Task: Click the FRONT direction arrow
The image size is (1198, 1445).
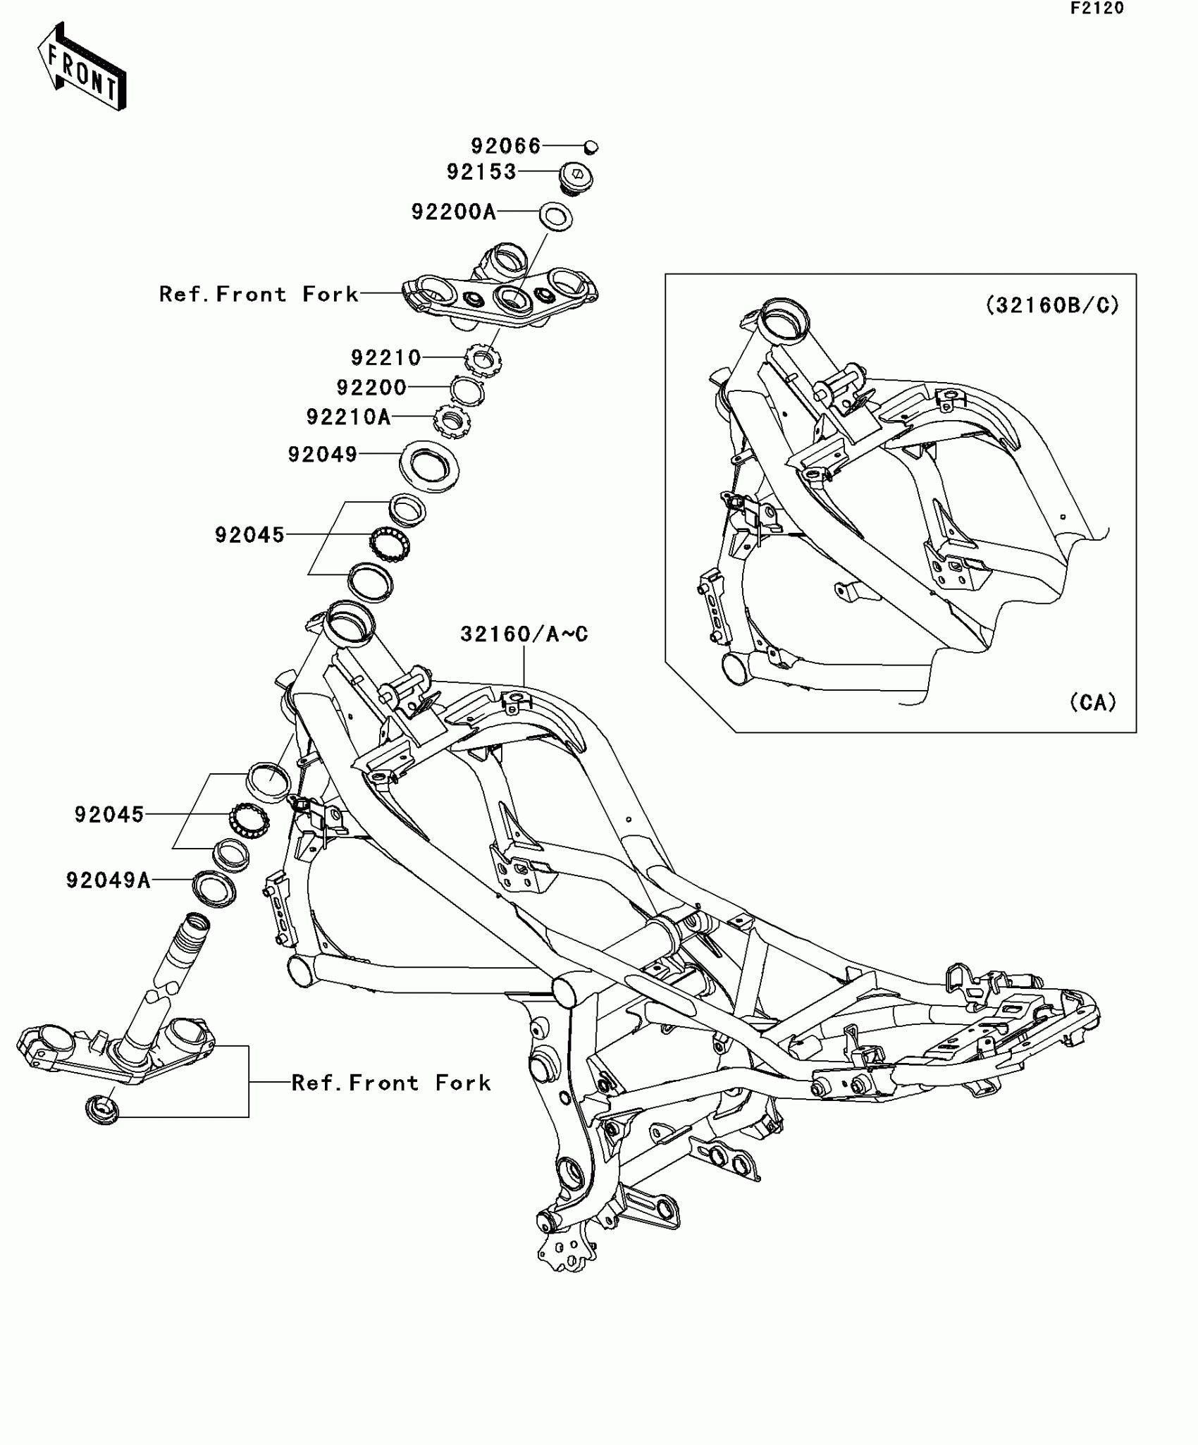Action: (x=82, y=67)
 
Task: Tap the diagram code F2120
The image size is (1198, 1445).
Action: (x=1097, y=8)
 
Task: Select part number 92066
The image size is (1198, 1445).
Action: (x=505, y=146)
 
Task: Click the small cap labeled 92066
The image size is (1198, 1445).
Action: (x=591, y=147)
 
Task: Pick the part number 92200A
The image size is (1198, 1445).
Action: (x=454, y=211)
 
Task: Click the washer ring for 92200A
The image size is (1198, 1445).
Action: (x=556, y=216)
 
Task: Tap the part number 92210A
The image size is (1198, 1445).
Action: (x=348, y=417)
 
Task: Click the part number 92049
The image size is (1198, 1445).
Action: (x=323, y=455)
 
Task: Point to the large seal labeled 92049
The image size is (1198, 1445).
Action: (x=429, y=466)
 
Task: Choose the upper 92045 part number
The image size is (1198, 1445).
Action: (x=249, y=535)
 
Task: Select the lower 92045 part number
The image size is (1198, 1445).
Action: (x=109, y=815)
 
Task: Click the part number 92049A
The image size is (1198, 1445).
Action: (x=109, y=880)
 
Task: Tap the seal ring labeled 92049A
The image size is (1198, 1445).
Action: (x=214, y=890)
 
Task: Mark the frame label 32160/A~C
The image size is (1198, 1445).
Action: (x=524, y=634)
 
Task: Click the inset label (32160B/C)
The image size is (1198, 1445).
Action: (x=1051, y=305)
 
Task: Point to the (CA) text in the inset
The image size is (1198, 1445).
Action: (x=1093, y=703)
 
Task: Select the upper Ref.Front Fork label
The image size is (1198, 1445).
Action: (x=259, y=294)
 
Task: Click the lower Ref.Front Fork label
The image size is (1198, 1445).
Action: (x=391, y=1083)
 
